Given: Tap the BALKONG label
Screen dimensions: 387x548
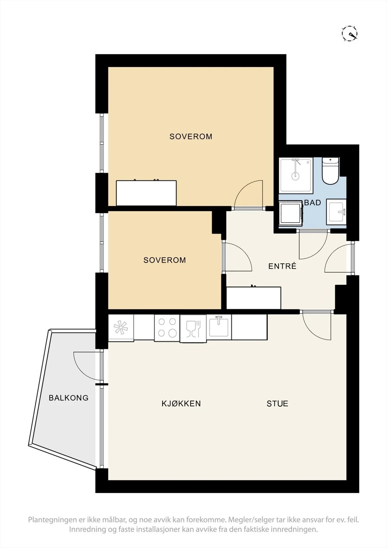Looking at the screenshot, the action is point(69,398).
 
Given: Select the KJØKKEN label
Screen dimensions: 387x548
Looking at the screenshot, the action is point(181,403).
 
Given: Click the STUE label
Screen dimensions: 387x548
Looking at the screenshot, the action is point(277,403).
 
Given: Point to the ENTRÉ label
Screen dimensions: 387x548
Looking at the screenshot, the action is point(282,266).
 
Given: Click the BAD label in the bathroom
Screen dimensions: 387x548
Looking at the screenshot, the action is point(313,202).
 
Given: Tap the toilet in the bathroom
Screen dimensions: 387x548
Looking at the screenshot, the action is point(330,171).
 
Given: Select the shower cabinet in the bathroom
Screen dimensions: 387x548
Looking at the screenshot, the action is point(296,175).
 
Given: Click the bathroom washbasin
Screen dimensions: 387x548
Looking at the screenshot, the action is point(337,211).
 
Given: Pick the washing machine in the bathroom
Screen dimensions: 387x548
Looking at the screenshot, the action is point(291,212).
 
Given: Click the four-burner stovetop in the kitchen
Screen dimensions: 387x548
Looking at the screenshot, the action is point(167,327).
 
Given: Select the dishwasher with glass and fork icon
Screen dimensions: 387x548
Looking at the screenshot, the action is point(193,328).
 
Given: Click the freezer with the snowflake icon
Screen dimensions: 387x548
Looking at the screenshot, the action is point(121,327).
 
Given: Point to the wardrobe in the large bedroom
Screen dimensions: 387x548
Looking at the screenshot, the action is point(146,193).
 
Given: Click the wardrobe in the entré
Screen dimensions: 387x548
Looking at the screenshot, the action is point(254,298).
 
